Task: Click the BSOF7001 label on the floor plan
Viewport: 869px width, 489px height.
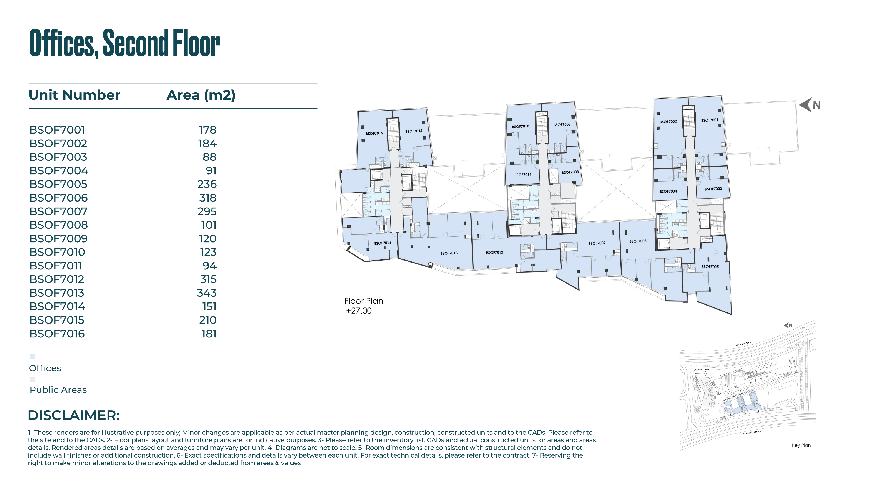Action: click(710, 120)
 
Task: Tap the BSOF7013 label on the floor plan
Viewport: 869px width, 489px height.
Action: click(449, 253)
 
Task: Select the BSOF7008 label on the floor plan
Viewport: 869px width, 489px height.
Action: click(570, 172)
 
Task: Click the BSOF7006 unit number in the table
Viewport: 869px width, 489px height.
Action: click(58, 198)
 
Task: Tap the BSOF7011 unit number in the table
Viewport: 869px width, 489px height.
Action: click(56, 266)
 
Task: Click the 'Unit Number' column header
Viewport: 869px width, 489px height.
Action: click(74, 95)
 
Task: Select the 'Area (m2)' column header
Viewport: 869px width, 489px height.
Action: click(201, 95)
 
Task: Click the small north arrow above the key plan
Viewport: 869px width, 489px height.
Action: click(788, 325)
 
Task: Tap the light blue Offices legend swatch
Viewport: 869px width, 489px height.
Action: click(32, 357)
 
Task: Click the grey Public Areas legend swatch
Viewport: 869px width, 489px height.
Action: click(32, 379)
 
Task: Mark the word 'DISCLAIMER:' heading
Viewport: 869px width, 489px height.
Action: click(74, 415)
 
